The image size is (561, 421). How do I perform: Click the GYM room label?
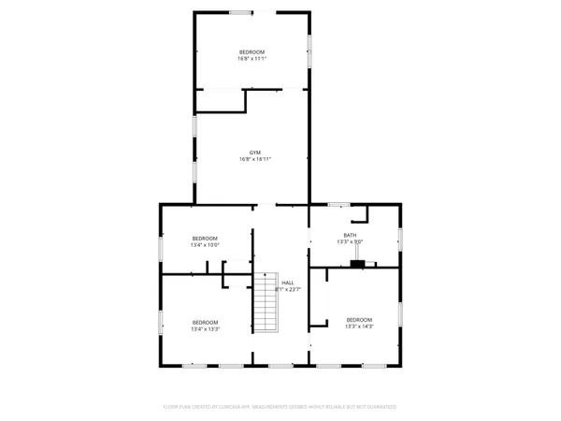254,152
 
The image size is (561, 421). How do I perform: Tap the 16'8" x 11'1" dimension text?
252,59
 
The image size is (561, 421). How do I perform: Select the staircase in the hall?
266,302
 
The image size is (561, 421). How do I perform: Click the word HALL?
288,283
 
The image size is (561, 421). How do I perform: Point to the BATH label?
350,235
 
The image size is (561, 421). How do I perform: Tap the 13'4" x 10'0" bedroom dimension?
205,245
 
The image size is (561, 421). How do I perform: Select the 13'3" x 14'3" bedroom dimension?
359,327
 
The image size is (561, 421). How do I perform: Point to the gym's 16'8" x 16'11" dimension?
254,160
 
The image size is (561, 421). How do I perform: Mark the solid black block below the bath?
357,264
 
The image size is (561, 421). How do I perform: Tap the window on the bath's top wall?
338,203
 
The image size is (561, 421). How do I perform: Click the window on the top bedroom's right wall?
309,51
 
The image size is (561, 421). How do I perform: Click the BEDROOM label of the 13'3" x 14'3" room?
359,319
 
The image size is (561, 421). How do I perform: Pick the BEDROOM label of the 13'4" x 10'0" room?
205,239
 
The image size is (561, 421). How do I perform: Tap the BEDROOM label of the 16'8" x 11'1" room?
252,51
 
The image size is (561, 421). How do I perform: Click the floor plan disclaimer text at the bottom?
280,407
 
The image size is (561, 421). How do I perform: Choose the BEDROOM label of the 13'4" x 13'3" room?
205,322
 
